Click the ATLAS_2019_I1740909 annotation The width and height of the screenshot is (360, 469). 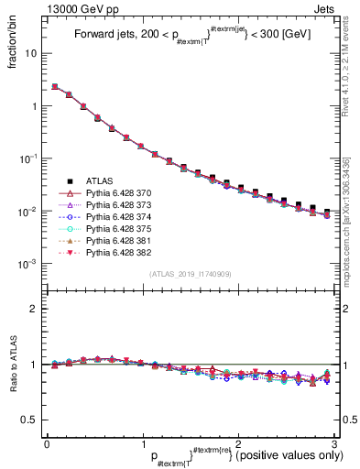pos(191,274)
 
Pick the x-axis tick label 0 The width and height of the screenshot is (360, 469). pos(47,443)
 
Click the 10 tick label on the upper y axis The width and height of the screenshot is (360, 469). pos(31,53)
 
